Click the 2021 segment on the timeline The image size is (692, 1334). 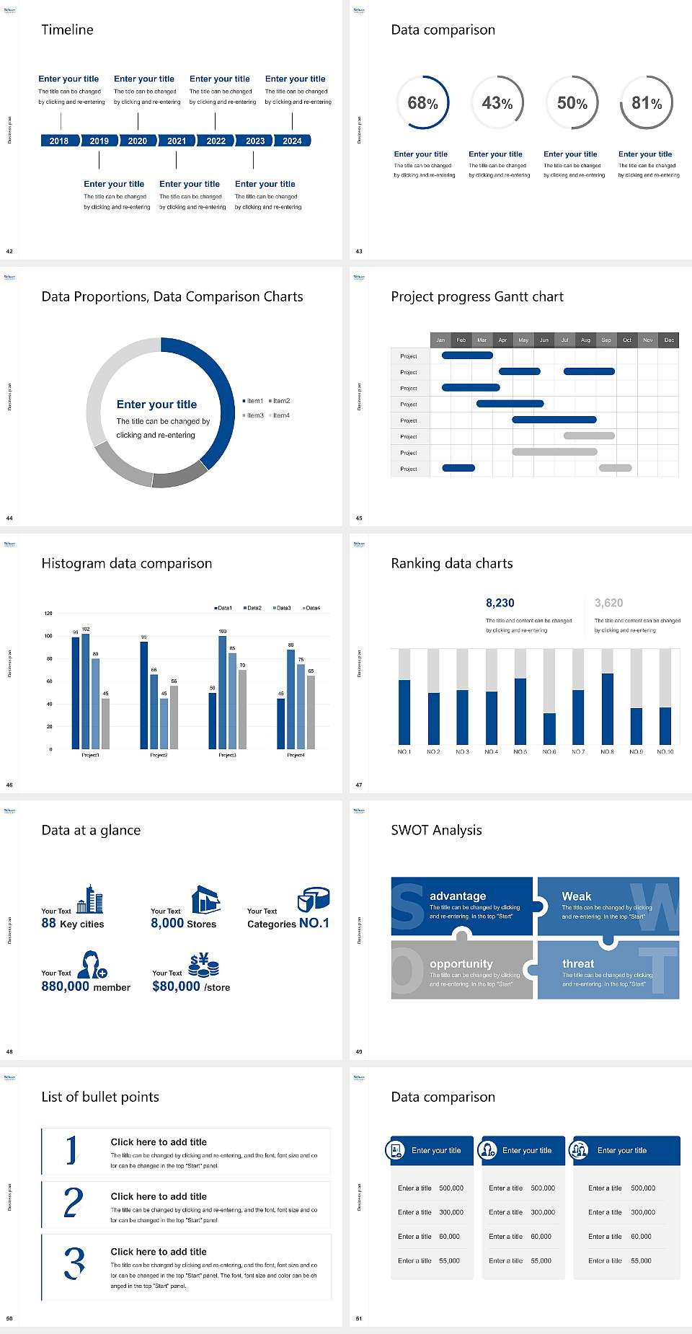177,141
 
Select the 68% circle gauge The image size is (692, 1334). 422,102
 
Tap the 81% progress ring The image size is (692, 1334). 647,102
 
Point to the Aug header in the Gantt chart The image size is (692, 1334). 585,340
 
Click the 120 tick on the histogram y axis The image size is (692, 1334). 48,613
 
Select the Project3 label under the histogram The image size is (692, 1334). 227,755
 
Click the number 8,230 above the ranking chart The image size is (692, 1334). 500,603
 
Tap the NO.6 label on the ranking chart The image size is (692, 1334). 549,751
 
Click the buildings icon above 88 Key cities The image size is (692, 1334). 90,899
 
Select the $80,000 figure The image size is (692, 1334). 176,986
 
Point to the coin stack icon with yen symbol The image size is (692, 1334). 204,965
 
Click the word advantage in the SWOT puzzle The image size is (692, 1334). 458,896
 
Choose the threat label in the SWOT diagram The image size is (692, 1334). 578,963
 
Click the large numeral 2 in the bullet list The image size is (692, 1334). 73,1203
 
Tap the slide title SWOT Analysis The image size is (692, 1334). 436,830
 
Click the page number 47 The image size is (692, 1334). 359,785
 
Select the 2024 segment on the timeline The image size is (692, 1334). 292,141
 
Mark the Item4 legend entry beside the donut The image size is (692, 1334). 280,415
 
